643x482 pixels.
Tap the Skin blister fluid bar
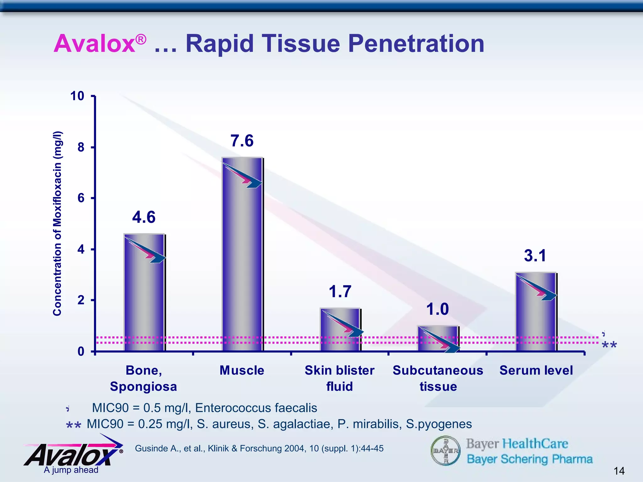340,329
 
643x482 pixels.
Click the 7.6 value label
242,141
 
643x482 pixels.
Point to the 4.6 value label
144,217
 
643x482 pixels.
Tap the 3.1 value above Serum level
535,255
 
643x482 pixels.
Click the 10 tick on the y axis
77,96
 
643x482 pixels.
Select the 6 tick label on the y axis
81,198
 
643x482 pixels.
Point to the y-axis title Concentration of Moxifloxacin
57,223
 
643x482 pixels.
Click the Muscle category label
242,370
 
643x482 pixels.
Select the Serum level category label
536,370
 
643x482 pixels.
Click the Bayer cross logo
446,450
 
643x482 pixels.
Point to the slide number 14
619,471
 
